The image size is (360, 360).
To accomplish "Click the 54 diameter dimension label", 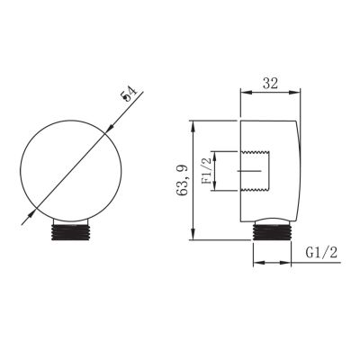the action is coord(129,94).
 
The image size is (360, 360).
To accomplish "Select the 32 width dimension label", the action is coord(270,83).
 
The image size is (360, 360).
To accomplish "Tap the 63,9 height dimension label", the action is coord(183,181).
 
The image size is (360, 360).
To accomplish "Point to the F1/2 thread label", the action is coord(207,171).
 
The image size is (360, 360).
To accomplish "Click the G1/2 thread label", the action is coord(321,253).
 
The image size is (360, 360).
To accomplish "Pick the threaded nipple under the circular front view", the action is coord(70,232).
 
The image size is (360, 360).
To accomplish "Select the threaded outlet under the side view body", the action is coord(272,232).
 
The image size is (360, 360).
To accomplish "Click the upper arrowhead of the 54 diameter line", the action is coord(110,127).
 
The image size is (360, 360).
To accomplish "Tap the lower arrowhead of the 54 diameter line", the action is coord(31,212).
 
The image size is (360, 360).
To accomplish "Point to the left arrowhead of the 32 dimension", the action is coord(246,93).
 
